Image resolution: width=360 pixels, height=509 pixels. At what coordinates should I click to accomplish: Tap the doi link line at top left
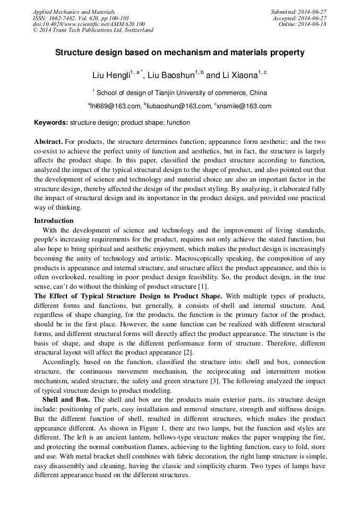(88, 24)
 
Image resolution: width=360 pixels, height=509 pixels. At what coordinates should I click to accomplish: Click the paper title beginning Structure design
(180, 53)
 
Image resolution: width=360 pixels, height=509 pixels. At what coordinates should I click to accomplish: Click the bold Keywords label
(51, 123)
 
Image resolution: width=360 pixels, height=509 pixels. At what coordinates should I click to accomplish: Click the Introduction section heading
(54, 220)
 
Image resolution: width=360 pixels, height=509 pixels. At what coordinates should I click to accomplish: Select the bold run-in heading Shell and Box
(66, 399)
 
